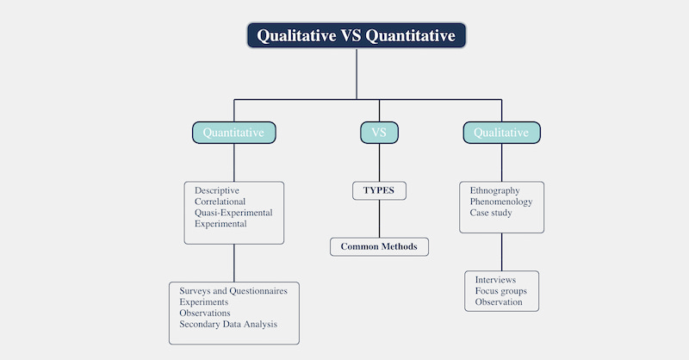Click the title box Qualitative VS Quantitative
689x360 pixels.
click(x=357, y=35)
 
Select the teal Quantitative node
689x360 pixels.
click(x=234, y=133)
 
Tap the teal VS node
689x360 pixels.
click(x=379, y=133)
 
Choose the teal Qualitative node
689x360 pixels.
click(x=501, y=133)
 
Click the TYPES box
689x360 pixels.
click(x=379, y=190)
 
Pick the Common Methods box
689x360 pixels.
click(x=379, y=247)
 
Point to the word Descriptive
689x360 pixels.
click(x=217, y=190)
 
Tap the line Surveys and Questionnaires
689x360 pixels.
click(x=233, y=291)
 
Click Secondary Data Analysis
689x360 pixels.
click(x=228, y=325)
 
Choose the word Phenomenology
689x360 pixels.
click(x=501, y=202)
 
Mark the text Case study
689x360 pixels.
click(x=491, y=213)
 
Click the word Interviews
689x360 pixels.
click(x=495, y=280)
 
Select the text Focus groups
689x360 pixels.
click(x=500, y=291)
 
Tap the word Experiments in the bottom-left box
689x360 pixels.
click(x=204, y=302)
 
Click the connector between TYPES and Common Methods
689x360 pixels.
click(x=379, y=219)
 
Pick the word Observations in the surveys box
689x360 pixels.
click(x=205, y=313)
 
